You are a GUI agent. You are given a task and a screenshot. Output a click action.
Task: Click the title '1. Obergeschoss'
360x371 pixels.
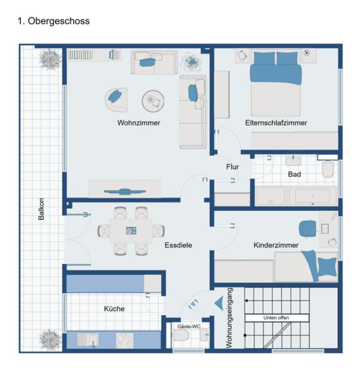54,21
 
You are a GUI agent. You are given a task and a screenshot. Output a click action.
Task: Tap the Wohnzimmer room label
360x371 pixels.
138,123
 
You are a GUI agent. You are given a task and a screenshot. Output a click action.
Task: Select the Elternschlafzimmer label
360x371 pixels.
276,123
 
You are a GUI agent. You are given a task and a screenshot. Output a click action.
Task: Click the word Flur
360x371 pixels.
232,167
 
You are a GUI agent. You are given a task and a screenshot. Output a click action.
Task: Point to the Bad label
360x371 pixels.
294,174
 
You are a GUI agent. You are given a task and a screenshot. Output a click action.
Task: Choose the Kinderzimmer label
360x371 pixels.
276,245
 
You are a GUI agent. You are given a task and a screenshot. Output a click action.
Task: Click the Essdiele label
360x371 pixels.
178,245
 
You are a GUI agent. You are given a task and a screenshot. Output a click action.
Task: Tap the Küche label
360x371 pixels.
114,308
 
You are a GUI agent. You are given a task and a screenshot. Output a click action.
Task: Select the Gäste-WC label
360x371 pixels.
189,326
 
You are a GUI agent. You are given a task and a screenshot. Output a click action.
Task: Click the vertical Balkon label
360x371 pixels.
41,209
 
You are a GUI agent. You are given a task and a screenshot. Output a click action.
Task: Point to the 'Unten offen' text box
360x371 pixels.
276,318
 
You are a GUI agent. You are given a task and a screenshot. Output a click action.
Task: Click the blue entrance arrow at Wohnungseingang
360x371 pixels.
219,304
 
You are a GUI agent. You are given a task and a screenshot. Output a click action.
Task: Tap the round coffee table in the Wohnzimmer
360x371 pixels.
153,101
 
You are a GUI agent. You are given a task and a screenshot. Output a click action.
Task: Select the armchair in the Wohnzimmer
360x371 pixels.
117,99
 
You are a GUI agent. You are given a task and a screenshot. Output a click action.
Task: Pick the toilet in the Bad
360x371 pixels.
328,169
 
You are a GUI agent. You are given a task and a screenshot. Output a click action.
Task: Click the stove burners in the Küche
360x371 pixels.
125,340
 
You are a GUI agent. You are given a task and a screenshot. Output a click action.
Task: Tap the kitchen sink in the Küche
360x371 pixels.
88,340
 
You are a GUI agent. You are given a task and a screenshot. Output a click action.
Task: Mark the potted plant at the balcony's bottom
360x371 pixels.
51,338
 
